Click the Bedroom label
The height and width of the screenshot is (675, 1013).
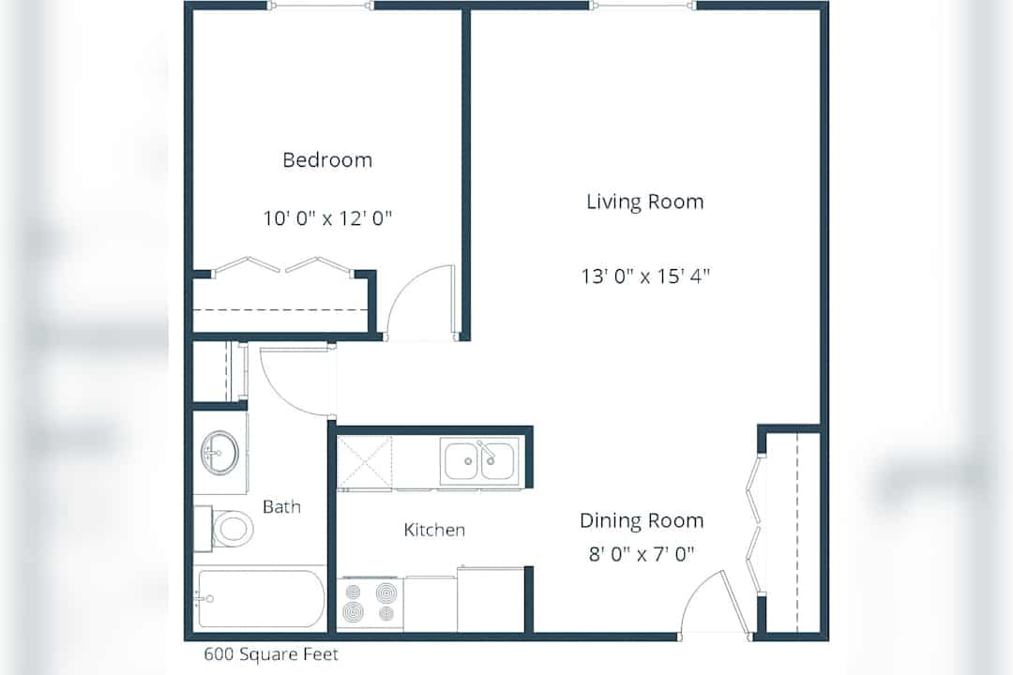point(327,159)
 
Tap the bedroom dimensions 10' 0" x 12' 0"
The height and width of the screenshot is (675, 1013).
point(327,218)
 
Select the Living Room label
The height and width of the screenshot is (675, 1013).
point(644,202)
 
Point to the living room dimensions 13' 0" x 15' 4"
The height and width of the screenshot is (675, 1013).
point(645,277)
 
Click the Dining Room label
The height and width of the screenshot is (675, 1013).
point(642,520)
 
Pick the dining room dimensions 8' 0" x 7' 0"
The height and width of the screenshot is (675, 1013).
point(642,554)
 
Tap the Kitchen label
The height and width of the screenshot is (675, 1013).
point(434,531)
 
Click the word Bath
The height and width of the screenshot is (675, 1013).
point(281,506)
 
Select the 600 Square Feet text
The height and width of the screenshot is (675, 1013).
point(271,654)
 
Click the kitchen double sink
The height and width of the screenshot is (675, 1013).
point(479,461)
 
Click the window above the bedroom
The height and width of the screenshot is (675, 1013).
point(321,6)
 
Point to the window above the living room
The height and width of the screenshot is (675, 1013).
point(643,6)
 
